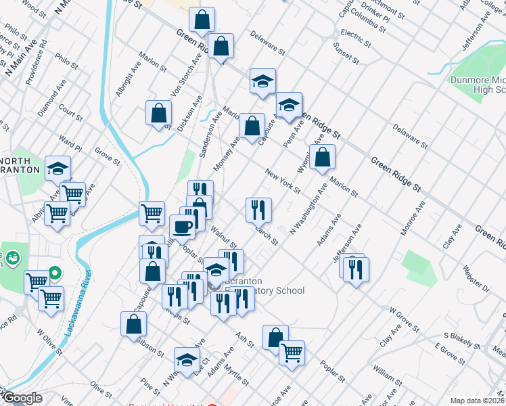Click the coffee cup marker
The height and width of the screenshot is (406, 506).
(x=182, y=227)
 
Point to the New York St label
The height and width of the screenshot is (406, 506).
(x=282, y=181)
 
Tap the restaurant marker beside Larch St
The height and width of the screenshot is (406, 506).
(x=258, y=210)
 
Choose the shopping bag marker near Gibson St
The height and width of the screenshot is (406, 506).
(x=134, y=324)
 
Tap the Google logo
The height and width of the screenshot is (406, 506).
(x=22, y=399)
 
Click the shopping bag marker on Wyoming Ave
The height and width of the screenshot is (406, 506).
(x=323, y=157)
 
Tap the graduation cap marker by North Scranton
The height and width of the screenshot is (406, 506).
(x=58, y=168)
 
